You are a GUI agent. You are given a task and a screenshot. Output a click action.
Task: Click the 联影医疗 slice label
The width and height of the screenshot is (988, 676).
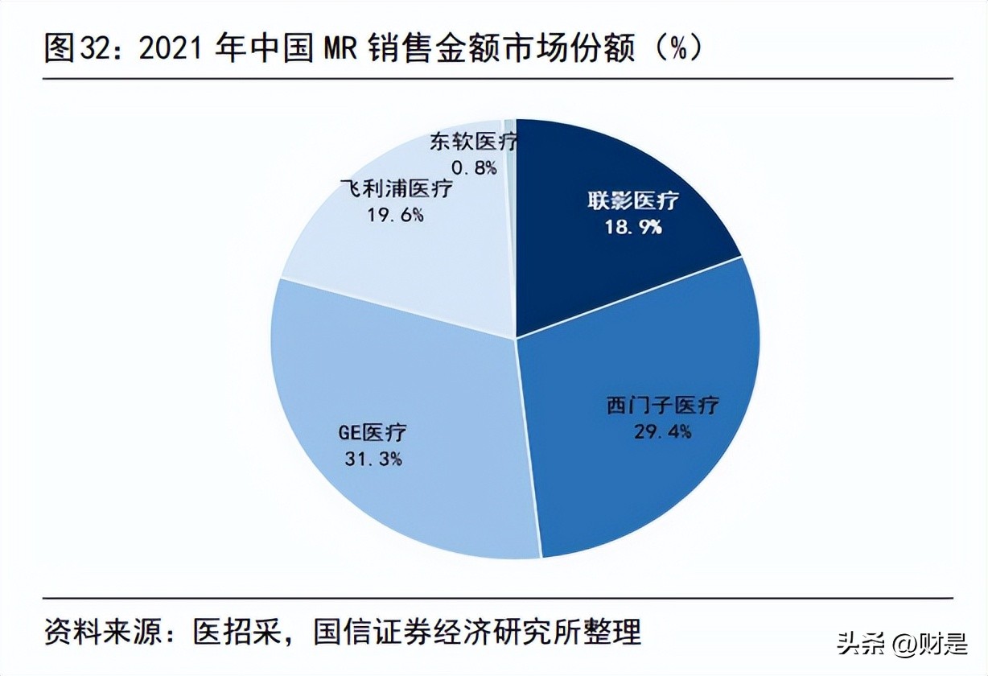632,201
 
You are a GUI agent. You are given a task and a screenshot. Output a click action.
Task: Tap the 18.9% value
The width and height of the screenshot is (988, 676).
632,227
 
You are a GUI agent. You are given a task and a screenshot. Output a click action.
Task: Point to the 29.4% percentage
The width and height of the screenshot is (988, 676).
662,432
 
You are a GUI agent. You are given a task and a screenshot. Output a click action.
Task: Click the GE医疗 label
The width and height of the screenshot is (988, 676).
372,432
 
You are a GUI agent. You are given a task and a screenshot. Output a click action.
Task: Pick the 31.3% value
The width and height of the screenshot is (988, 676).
372,460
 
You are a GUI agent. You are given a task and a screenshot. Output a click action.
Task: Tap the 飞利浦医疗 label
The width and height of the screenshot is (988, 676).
395,190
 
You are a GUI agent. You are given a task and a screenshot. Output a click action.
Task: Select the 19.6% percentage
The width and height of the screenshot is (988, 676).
395,215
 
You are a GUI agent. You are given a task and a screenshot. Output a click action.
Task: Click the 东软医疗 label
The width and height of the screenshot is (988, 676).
473,142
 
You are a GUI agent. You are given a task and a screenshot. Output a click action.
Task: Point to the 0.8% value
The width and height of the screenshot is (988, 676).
473,168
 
